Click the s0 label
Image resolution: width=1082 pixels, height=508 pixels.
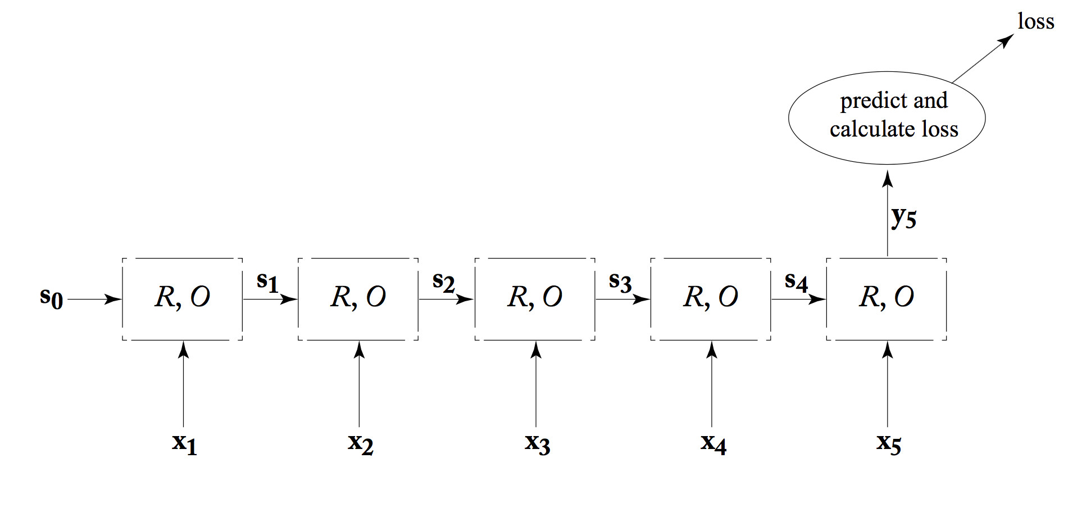coord(51,297)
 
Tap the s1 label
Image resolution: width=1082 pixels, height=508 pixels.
coord(267,282)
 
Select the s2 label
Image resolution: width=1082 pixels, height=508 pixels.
coord(443,282)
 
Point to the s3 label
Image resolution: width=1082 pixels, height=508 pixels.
coord(620,282)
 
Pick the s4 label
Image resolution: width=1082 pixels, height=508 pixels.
coord(795,282)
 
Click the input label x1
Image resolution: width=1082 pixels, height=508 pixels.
coord(184,444)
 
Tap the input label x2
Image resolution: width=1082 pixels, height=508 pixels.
coord(360,444)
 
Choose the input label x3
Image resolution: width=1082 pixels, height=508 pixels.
coord(537,444)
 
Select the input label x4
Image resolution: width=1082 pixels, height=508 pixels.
coord(713,444)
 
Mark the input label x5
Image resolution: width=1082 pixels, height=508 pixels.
coord(889,444)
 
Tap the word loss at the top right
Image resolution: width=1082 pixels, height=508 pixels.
coord(1035,22)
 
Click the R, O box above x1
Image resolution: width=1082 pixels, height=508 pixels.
coord(183,299)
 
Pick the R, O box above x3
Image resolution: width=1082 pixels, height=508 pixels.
coord(535,299)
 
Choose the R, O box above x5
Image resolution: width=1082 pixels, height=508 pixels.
coord(886,299)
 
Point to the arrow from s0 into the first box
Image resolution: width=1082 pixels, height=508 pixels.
coord(94,300)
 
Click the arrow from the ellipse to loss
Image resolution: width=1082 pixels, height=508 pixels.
coord(983,58)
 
